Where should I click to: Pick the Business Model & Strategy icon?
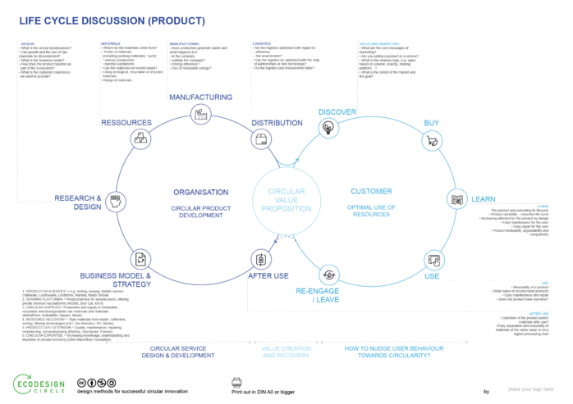[x=140, y=260]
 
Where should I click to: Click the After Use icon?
[x=261, y=260]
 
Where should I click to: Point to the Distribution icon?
[x=261, y=139]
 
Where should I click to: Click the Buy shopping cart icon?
[x=430, y=140]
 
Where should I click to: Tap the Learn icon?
[x=456, y=199]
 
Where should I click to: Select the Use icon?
[x=431, y=260]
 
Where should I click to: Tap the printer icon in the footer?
[x=236, y=383]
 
